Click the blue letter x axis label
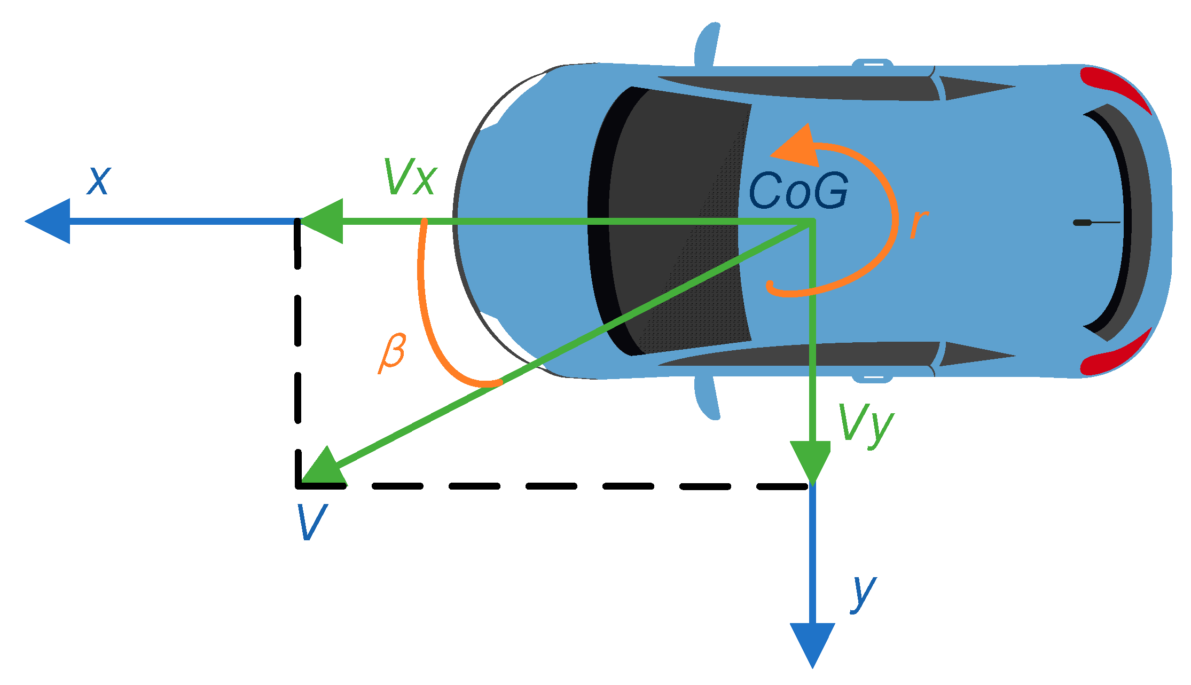click(x=99, y=181)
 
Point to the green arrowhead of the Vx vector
click(x=324, y=221)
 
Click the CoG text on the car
click(x=798, y=191)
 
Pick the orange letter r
click(x=918, y=224)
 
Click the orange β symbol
click(x=393, y=353)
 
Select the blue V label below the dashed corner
click(x=311, y=522)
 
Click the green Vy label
click(x=866, y=424)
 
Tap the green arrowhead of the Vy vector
click(x=811, y=460)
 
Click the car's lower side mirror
click(x=707, y=398)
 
